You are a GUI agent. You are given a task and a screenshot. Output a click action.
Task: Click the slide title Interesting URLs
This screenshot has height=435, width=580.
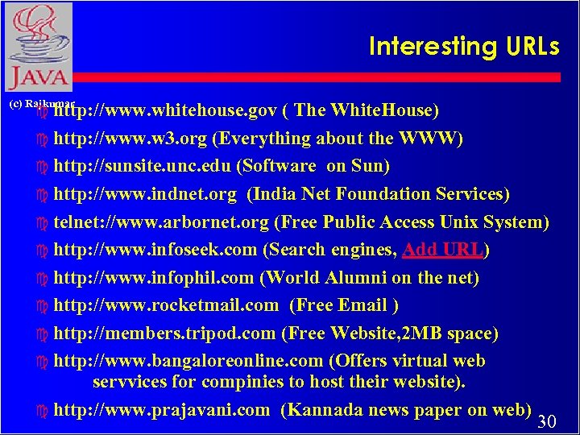[463, 47]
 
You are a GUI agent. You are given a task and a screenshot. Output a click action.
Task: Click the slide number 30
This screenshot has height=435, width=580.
[547, 422]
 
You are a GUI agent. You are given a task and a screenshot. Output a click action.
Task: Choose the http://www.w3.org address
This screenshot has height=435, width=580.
[130, 139]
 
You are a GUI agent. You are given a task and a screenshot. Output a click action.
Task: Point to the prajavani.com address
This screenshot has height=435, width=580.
[161, 409]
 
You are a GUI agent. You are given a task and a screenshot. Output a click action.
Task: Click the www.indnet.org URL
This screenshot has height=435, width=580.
[145, 194]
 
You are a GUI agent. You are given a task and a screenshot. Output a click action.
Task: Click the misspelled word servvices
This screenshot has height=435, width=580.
[128, 380]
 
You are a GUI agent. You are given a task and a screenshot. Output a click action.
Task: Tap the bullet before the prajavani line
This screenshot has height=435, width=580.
[43, 411]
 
